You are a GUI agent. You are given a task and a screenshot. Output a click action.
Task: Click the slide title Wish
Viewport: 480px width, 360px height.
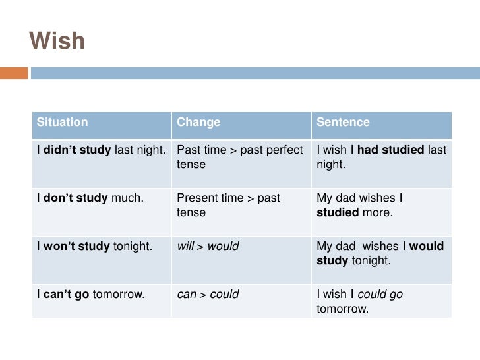coord(57,41)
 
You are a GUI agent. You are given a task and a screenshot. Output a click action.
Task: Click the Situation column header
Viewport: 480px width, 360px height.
coord(62,122)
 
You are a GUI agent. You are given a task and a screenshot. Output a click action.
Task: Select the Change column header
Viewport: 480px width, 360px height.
coord(198,122)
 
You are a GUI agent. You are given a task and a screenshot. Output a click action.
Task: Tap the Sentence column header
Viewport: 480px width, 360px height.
coord(343,122)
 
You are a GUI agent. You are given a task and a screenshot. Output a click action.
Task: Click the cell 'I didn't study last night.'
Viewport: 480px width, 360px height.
coord(101,150)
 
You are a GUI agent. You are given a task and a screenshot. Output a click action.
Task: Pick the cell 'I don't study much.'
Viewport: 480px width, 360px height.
coord(90,198)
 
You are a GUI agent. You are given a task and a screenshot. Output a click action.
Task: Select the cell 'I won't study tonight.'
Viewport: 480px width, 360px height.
coord(94,246)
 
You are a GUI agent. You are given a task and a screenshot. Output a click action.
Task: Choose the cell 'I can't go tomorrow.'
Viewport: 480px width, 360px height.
coord(90,294)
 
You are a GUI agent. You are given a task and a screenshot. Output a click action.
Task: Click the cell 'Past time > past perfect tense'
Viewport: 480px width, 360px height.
coord(240,157)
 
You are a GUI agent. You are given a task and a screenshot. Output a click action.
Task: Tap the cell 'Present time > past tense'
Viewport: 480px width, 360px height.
coord(228,205)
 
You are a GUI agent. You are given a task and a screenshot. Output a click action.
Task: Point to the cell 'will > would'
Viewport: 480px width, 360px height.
coord(208,246)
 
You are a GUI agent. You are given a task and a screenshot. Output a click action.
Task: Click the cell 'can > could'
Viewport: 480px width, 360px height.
coord(208,294)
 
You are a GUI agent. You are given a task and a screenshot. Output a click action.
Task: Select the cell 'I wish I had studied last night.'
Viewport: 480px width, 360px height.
coord(381,157)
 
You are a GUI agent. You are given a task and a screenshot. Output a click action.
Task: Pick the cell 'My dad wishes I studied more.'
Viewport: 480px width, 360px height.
coord(359,205)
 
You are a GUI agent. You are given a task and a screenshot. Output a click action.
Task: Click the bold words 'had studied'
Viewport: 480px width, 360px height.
coord(390,150)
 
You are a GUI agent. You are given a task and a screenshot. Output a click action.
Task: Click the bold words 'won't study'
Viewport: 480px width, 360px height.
coord(76,246)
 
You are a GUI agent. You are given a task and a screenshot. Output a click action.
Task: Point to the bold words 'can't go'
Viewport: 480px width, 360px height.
coord(66,294)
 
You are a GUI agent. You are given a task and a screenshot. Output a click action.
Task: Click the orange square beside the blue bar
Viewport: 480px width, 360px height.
coord(14,73)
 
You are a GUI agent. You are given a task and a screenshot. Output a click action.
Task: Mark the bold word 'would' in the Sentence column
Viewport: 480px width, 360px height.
coord(427,246)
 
